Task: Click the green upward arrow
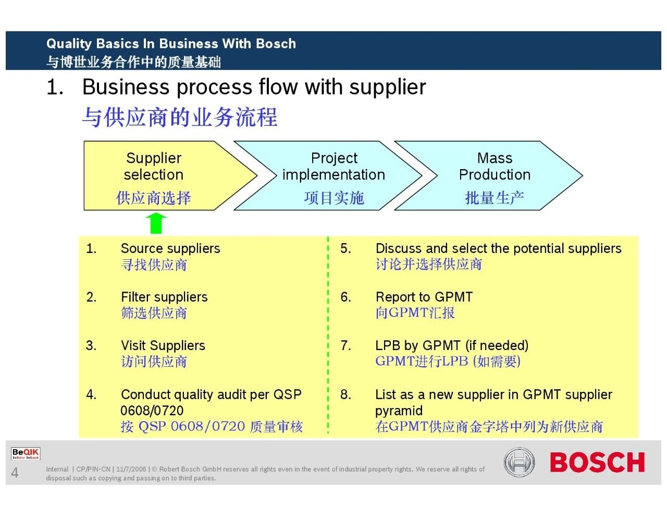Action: point(155,223)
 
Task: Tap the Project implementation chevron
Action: point(333,176)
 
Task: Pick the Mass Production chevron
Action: point(494,176)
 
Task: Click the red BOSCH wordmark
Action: point(597,463)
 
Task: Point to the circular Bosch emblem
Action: point(519,462)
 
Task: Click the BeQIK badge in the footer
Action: point(26,453)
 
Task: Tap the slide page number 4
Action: point(15,473)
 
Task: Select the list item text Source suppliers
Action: point(170,248)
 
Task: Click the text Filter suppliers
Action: point(164,297)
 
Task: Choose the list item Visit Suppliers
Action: point(163,345)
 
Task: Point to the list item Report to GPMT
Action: point(424,297)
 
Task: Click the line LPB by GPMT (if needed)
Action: point(452,345)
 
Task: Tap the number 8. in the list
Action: point(345,394)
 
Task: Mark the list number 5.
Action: point(345,248)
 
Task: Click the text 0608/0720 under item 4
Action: point(152,411)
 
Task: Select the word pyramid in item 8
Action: point(399,411)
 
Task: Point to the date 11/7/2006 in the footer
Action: point(131,469)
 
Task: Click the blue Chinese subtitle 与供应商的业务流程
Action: point(180,117)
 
